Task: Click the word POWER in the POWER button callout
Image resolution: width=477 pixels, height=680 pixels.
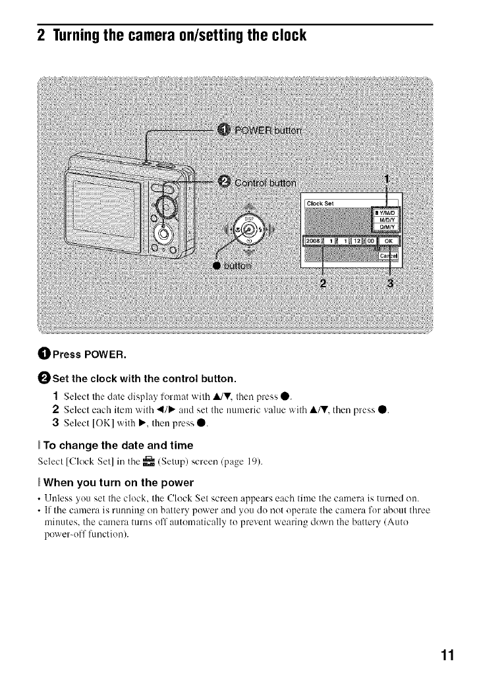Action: pyautogui.click(x=256, y=129)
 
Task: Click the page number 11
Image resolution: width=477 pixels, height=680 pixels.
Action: pyautogui.click(x=448, y=656)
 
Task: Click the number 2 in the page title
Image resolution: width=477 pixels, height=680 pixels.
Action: pyautogui.click(x=41, y=34)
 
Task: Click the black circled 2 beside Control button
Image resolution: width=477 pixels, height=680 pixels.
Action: pyautogui.click(x=224, y=182)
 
